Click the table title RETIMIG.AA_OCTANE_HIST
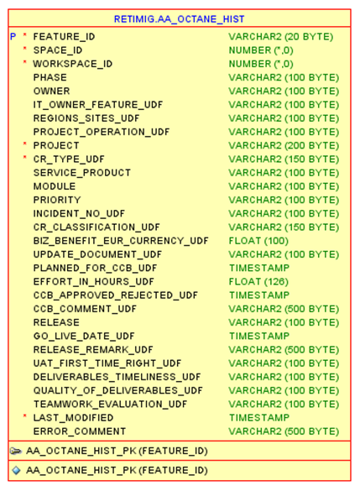(180, 19)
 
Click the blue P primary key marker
(13, 37)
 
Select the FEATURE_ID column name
(64, 37)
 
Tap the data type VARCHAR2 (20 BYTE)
(280, 37)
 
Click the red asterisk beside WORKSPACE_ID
(25, 64)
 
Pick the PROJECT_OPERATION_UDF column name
(102, 132)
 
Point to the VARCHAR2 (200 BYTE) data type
(284, 145)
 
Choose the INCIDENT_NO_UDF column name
(79, 213)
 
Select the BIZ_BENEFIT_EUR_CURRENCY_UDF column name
(121, 241)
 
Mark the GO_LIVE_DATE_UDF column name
(84, 336)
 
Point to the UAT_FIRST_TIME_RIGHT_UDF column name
(107, 363)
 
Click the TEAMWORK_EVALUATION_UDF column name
(110, 404)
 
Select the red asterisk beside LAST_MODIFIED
(25, 417)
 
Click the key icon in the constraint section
(16, 451)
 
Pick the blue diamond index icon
(16, 471)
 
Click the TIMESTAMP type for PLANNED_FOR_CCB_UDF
(259, 268)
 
